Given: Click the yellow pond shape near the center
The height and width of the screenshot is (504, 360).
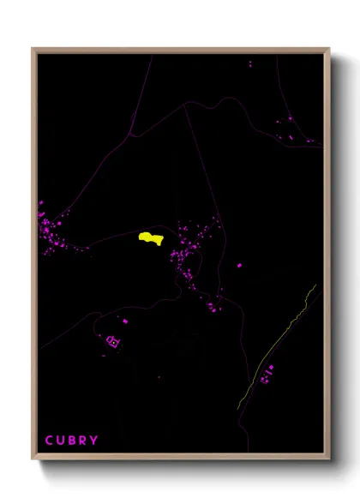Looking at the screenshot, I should pyautogui.click(x=151, y=237).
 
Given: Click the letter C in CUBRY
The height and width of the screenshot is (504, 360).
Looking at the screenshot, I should pyautogui.click(x=49, y=441).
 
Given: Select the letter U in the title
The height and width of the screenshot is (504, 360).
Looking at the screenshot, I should pyautogui.click(x=61, y=441).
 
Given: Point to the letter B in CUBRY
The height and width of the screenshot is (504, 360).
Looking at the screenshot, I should pyautogui.click(x=72, y=441).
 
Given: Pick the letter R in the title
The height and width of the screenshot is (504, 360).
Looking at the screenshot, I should pyautogui.click(x=82, y=441).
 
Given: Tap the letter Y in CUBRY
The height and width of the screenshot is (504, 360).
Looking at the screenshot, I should pyautogui.click(x=93, y=441).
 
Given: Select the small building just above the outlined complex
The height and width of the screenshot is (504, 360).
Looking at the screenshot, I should pyautogui.click(x=125, y=321).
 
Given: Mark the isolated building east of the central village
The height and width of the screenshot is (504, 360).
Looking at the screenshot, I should pyautogui.click(x=239, y=266).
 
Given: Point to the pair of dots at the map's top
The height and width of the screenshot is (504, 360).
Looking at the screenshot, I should pyautogui.click(x=250, y=63).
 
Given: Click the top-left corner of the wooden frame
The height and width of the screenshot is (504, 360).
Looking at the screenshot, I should pyautogui.click(x=33, y=50).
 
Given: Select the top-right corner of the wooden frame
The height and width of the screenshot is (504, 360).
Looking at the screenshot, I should pyautogui.click(x=329, y=50).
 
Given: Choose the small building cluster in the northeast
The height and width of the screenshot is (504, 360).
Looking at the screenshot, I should pyautogui.click(x=287, y=129).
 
